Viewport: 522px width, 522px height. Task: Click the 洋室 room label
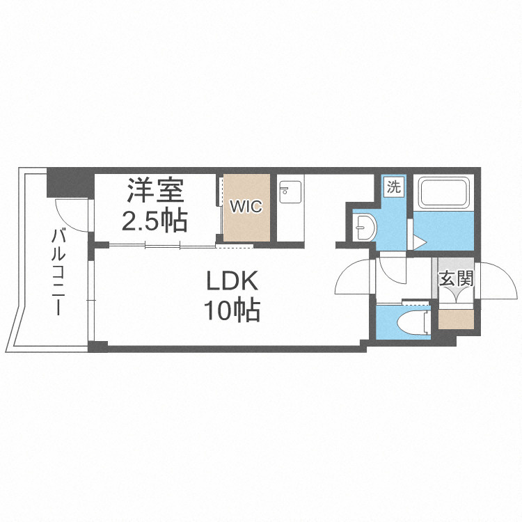click(155, 190)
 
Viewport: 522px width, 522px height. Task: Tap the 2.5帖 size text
click(155, 221)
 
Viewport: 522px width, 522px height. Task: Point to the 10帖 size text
click(232, 310)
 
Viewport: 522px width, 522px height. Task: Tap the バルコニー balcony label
click(58, 271)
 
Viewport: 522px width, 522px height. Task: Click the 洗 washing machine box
click(395, 187)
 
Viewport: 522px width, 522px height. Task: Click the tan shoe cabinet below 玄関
click(457, 318)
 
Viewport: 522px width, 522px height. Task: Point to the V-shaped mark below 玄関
click(457, 295)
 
